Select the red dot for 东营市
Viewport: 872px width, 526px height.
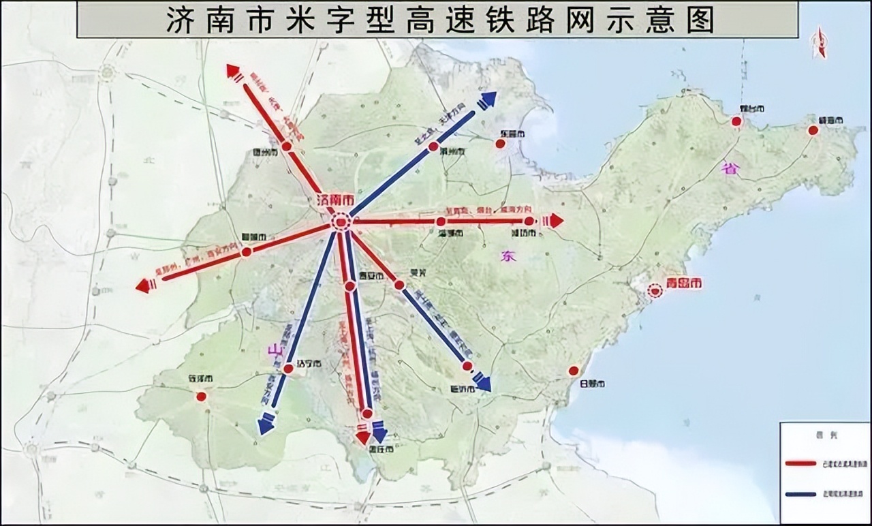tap(500, 144)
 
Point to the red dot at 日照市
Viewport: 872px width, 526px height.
tap(574, 371)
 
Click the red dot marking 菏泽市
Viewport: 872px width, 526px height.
tap(201, 397)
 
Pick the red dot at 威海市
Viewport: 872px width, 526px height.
tap(813, 130)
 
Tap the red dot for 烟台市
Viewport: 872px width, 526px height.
tap(736, 121)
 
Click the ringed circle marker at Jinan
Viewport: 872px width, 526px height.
tap(340, 221)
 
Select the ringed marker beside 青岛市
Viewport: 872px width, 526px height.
tap(655, 290)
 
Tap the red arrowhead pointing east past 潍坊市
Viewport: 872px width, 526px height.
tap(557, 221)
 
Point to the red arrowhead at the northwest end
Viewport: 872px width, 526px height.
tap(233, 69)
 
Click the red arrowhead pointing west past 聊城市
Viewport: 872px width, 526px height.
tap(143, 286)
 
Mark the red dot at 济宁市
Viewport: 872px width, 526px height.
tap(288, 369)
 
